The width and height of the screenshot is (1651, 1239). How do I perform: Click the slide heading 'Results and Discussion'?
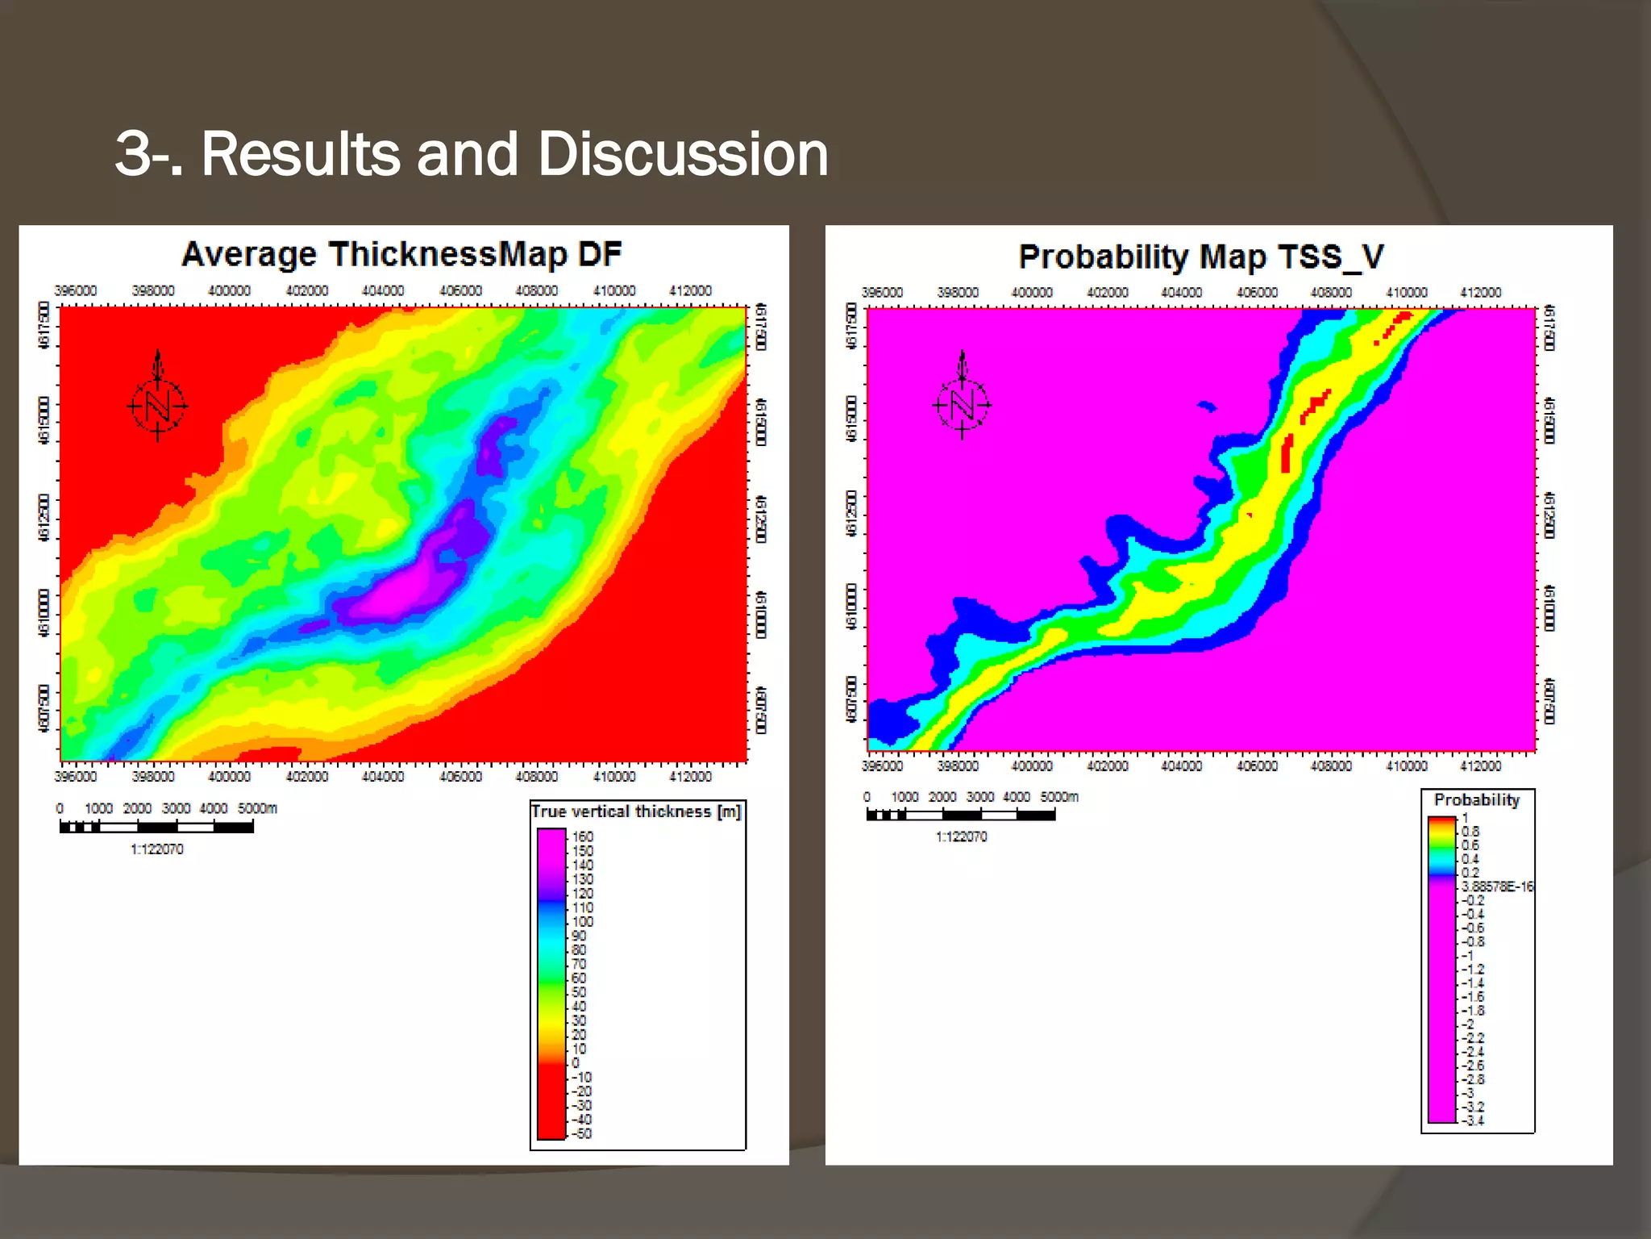click(472, 153)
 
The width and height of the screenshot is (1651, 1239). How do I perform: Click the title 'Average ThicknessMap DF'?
click(401, 255)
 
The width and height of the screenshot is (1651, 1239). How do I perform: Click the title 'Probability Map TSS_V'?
click(1201, 257)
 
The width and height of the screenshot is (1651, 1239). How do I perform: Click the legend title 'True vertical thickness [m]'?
click(636, 812)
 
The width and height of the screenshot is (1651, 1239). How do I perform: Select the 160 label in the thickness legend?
click(582, 836)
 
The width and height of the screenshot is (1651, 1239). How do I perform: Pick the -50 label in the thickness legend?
click(581, 1133)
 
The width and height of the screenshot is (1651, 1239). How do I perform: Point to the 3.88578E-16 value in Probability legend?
click(1497, 886)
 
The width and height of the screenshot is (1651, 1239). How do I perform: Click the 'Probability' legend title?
click(1476, 800)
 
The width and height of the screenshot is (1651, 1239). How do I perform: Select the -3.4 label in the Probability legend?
click(1472, 1120)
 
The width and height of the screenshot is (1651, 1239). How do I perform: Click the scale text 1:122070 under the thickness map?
click(157, 849)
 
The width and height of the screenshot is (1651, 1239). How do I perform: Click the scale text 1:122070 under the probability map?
click(961, 836)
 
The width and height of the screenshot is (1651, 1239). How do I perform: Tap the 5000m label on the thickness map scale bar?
click(257, 808)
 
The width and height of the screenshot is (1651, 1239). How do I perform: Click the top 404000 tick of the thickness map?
click(383, 290)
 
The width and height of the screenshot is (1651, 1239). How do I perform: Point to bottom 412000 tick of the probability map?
click(1480, 766)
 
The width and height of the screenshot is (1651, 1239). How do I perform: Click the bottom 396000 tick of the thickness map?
click(75, 777)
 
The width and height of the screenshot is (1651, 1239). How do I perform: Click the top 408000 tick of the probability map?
click(1331, 293)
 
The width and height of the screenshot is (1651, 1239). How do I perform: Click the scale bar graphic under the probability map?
click(961, 815)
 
